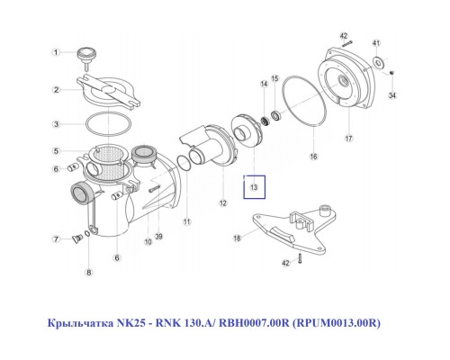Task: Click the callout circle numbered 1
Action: point(55,53)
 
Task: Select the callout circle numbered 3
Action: point(55,123)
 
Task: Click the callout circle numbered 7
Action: point(55,239)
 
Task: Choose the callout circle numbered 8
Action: point(88,271)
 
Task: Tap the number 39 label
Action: point(158,238)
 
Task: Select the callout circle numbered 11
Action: point(186,221)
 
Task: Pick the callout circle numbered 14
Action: point(264,84)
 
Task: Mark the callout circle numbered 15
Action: point(274,78)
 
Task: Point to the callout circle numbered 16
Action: point(314,156)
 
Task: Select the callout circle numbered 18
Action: point(238,238)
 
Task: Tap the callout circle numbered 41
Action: point(376,43)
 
